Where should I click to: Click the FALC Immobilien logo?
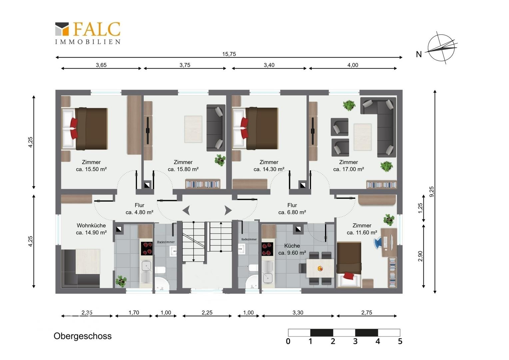point(88,33)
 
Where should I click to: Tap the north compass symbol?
point(441,48)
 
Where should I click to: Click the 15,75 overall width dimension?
point(229,54)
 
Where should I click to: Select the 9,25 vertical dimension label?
point(431,191)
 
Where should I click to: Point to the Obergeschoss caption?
point(83,336)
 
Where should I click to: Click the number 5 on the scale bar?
point(400,341)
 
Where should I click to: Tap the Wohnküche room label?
point(91,225)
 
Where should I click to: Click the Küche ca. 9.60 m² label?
point(292,249)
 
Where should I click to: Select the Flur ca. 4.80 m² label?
point(139,209)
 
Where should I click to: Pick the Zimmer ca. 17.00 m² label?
point(348,166)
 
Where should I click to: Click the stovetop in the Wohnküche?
point(147,248)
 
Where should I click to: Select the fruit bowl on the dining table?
point(320,269)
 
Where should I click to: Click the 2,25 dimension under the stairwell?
point(207,312)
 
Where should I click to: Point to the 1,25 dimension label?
point(420,208)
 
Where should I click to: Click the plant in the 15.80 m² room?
point(220,160)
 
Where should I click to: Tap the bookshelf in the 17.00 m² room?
point(381,184)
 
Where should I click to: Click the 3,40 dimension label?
point(269,65)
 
